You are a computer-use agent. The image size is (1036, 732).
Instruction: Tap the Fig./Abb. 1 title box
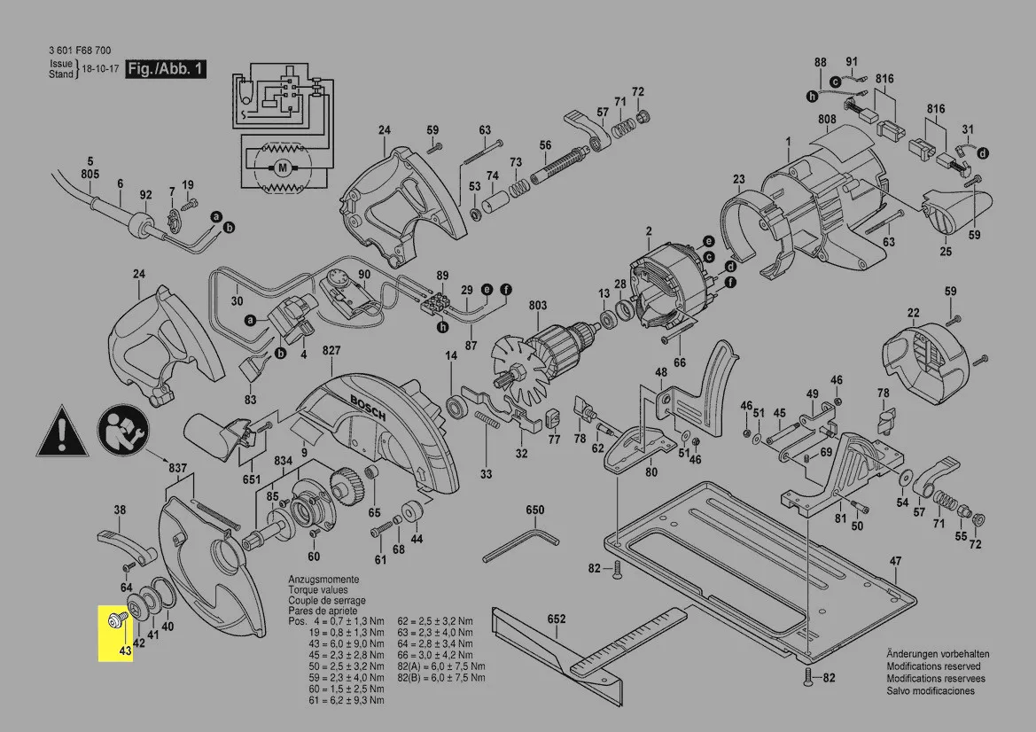pos(166,68)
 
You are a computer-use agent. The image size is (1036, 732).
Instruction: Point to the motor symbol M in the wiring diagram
pos(283,166)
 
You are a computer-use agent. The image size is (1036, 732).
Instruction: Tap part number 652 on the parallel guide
pos(557,619)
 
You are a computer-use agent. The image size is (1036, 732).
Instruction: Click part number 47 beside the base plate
pos(896,561)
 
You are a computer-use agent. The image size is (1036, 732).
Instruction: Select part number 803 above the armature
pos(537,306)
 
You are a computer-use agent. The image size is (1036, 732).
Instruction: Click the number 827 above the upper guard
pos(331,352)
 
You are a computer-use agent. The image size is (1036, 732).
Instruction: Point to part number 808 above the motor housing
pos(827,119)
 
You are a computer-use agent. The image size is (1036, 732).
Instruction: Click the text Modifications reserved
pos(933,666)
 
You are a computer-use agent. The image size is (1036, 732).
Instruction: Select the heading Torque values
pos(317,590)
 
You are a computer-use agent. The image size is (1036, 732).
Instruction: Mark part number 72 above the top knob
pos(637,91)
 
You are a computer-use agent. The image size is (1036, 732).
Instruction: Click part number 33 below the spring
pos(486,474)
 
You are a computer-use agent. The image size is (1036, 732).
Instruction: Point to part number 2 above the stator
pos(648,231)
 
